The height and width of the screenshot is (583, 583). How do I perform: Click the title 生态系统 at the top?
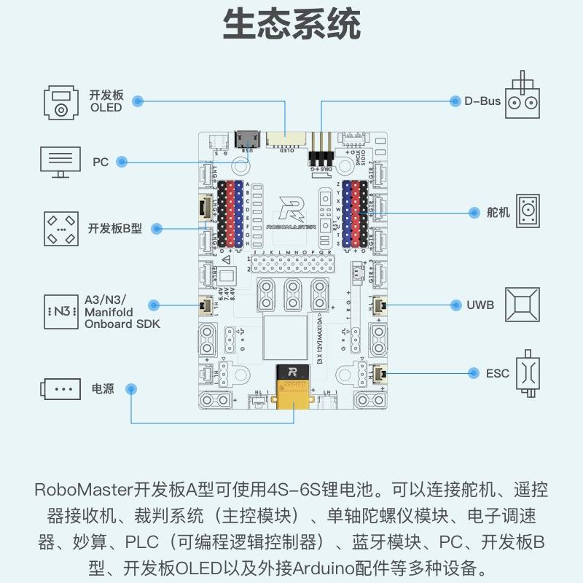(x=291, y=25)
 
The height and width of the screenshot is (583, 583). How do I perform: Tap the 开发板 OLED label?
(x=106, y=101)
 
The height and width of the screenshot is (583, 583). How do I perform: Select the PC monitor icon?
(x=60, y=162)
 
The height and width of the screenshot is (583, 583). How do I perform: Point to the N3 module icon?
(x=60, y=311)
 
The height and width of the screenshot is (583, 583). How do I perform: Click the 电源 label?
(x=103, y=388)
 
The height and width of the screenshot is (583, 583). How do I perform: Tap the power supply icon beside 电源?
(x=60, y=388)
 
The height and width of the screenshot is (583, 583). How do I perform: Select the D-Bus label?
(x=482, y=101)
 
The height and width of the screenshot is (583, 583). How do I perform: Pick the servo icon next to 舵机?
(x=528, y=211)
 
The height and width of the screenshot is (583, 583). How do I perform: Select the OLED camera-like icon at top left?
(x=60, y=101)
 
